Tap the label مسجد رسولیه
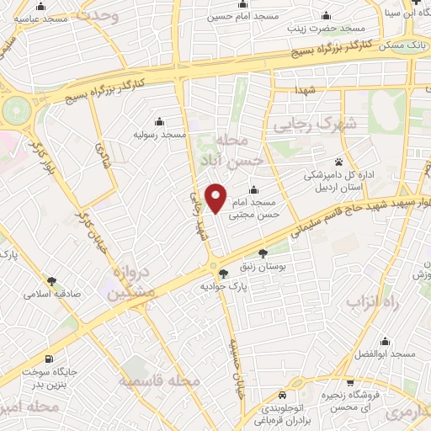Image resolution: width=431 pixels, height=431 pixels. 160,135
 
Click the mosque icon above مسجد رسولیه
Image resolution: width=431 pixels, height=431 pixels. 160,121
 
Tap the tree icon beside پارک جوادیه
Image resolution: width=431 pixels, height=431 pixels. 223,273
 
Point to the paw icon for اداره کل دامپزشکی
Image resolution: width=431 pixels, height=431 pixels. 339,162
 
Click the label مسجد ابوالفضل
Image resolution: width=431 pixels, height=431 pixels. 386,354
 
